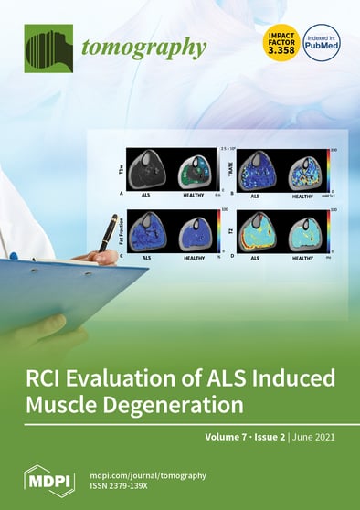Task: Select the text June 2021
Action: click(313, 437)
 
